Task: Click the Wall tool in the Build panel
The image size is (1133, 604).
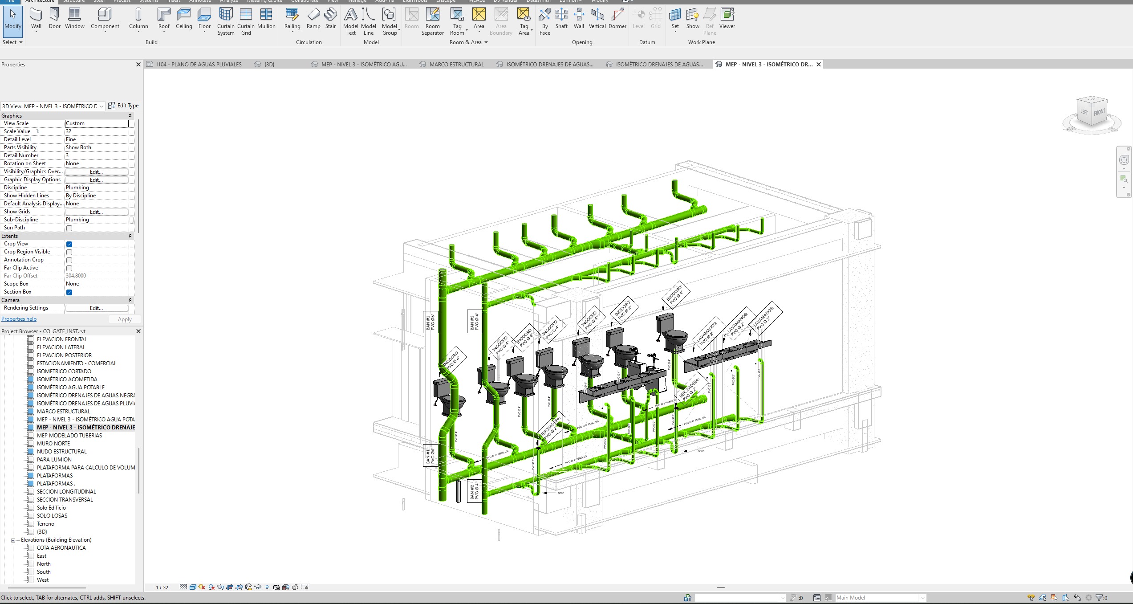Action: (x=36, y=19)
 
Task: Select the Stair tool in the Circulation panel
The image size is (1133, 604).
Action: (x=330, y=19)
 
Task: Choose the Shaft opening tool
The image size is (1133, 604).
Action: (x=561, y=19)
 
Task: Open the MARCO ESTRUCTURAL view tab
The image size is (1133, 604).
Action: (x=456, y=65)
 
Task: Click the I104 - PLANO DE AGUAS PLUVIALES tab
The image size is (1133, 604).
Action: (x=199, y=65)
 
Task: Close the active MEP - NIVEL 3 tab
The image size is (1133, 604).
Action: (x=818, y=65)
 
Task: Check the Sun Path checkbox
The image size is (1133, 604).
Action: (x=69, y=228)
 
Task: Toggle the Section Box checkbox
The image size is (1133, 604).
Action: (x=69, y=292)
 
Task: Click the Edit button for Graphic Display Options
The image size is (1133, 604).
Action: (x=97, y=180)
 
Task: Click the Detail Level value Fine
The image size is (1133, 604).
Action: (x=97, y=139)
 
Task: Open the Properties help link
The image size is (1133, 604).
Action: (x=19, y=319)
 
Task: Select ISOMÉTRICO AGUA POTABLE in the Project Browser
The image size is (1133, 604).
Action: (x=70, y=388)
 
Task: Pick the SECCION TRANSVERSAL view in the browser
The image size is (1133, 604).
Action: (x=65, y=500)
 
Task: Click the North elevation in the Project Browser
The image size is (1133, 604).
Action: (x=44, y=564)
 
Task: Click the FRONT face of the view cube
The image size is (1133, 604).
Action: (x=1099, y=112)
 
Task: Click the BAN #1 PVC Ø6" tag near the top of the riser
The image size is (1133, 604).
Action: (x=430, y=322)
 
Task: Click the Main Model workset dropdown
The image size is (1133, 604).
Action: (x=880, y=598)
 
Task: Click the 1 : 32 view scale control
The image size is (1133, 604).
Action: (x=162, y=588)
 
